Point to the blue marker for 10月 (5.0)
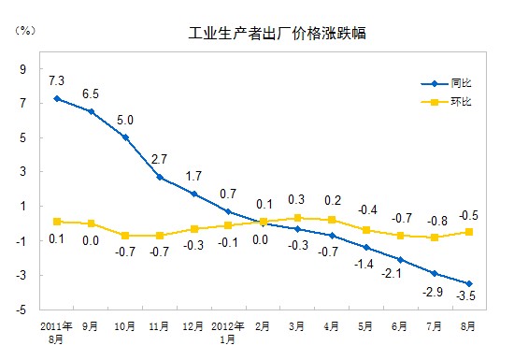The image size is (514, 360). coord(126,137)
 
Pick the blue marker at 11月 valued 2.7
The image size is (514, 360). coord(160,177)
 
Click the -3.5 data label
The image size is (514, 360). coord(464,297)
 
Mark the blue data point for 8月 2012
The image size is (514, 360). coord(469,284)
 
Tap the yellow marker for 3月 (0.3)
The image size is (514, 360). coord(297,217)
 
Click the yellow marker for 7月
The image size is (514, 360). coord(435,238)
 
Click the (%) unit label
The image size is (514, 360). coord(25,29)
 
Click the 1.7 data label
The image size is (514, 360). coord(193,177)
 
